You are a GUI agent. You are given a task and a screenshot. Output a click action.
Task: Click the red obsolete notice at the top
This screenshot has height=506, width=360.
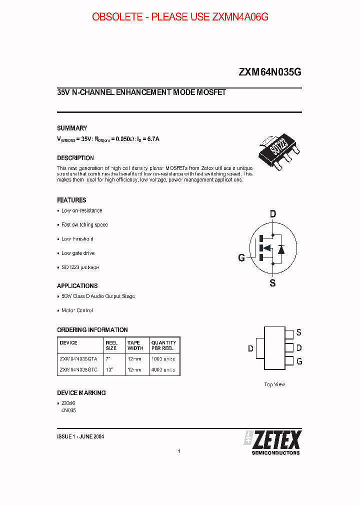[x=180, y=17]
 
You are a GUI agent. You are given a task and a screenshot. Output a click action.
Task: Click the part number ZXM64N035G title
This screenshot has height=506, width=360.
[x=270, y=72]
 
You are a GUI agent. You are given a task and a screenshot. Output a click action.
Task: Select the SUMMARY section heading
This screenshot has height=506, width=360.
[x=72, y=128]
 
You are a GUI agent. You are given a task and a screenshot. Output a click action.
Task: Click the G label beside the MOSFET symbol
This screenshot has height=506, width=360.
[x=241, y=258]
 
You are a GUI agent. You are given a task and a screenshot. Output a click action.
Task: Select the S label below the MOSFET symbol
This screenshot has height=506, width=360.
[x=272, y=283]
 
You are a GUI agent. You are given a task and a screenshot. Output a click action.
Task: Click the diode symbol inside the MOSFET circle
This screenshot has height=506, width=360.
[x=281, y=248]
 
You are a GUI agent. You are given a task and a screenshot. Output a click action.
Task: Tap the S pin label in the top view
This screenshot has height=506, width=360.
[x=298, y=332]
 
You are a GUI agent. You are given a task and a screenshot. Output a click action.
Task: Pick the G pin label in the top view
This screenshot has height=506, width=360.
[x=299, y=361]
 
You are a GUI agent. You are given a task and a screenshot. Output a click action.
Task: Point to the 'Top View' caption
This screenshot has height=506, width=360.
[x=274, y=384]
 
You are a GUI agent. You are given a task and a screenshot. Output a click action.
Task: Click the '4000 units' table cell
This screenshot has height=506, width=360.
[x=163, y=370]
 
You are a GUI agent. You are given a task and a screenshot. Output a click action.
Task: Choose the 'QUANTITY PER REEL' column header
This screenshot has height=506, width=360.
[x=163, y=345]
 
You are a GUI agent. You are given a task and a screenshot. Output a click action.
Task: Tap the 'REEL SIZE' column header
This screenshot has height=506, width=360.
[x=111, y=345]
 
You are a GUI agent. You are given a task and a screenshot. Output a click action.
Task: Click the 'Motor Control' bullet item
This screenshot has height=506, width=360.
[x=76, y=310]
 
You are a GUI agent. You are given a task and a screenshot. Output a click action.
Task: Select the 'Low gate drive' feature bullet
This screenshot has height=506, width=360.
[x=77, y=253]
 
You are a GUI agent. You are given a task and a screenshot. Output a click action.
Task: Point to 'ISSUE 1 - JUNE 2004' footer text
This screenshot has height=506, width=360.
[x=80, y=436]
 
